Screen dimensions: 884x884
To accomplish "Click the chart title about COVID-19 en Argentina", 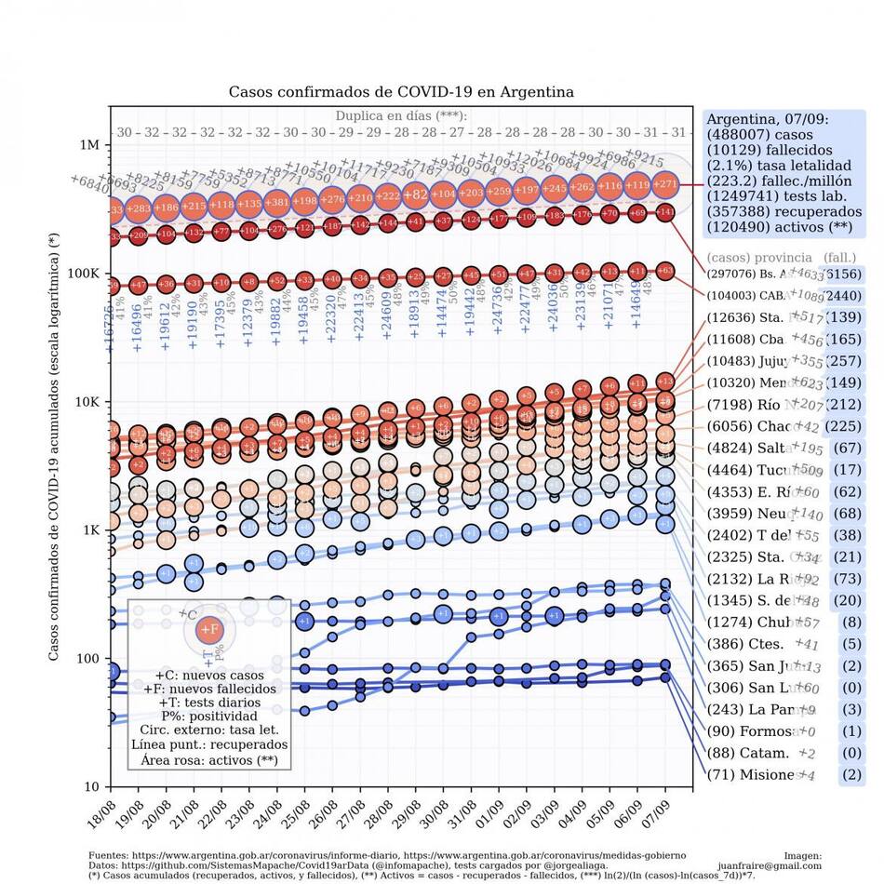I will pos(401,92).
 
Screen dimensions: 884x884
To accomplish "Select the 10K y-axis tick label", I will pos(86,402).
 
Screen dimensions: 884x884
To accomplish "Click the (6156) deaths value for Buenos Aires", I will pos(845,275).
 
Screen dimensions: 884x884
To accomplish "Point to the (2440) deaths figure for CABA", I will pos(845,296).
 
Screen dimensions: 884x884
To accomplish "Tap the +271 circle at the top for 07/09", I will pos(666,184).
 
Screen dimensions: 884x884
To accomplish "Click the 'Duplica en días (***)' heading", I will pos(400,116).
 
